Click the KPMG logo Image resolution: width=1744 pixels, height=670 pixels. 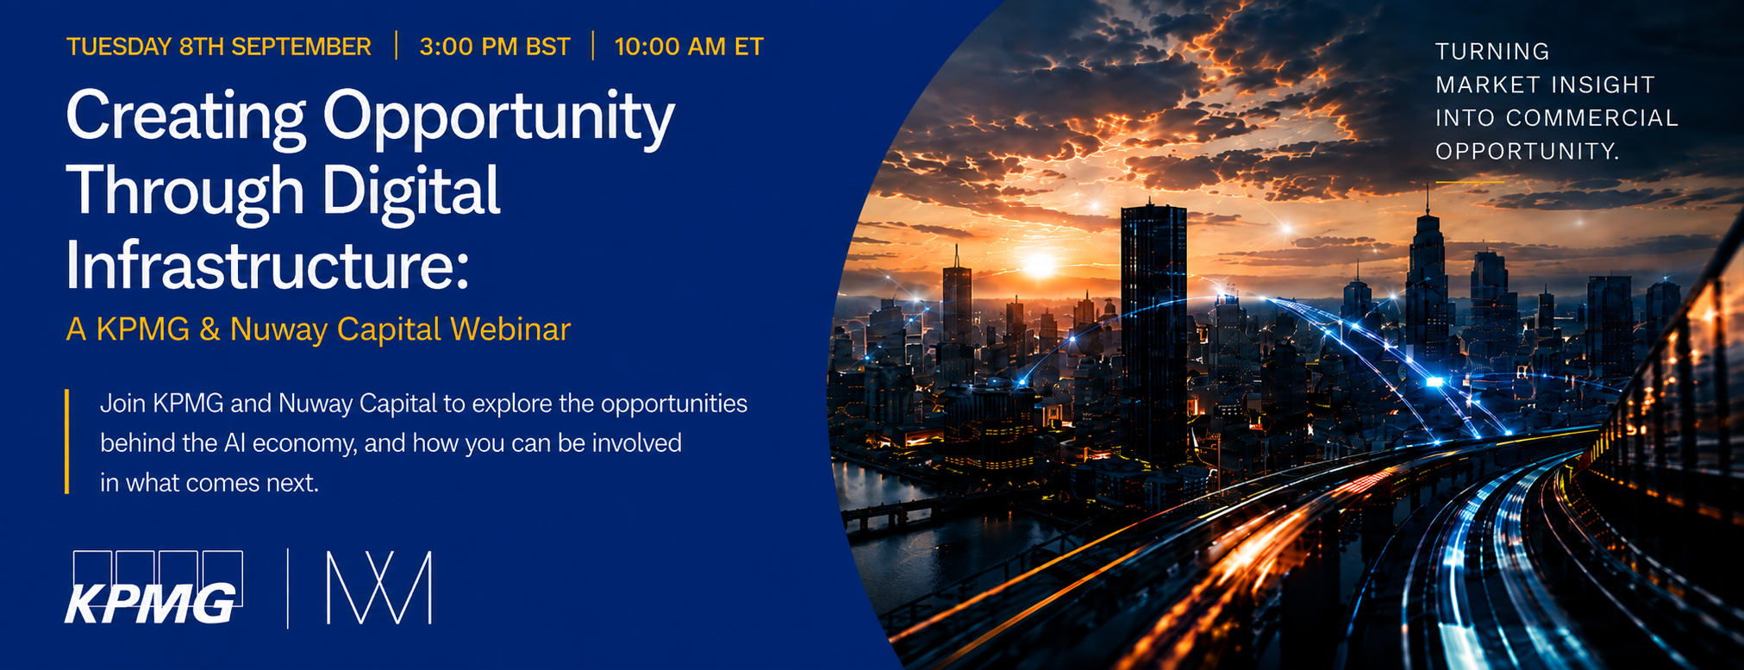(x=154, y=587)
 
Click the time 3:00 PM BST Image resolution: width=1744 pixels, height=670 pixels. (x=495, y=47)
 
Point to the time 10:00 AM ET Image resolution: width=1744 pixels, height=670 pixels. (x=689, y=47)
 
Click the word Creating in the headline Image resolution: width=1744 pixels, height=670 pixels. (x=186, y=118)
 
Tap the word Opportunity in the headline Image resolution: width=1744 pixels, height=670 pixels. (x=499, y=118)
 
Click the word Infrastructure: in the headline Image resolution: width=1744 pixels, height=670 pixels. (x=268, y=264)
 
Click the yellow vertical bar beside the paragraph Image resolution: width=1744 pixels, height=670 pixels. (x=66, y=441)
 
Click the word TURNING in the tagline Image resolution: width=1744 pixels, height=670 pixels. (x=1492, y=52)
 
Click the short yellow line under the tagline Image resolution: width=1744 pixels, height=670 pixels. (x=1470, y=182)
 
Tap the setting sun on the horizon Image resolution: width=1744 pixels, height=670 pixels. (x=1039, y=265)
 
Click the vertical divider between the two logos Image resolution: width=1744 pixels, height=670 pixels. (x=288, y=588)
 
